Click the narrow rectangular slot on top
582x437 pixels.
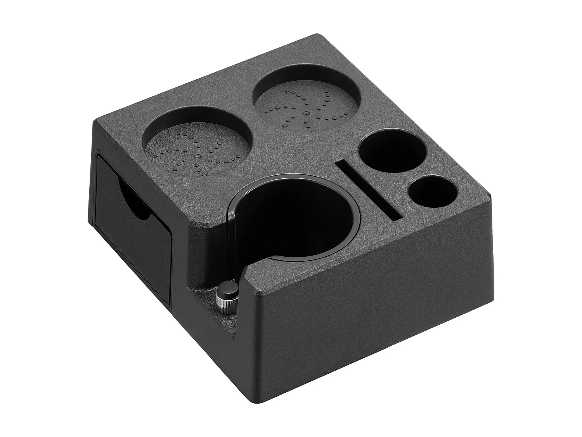[x=369, y=190]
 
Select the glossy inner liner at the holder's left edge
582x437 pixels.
[x=233, y=229]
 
